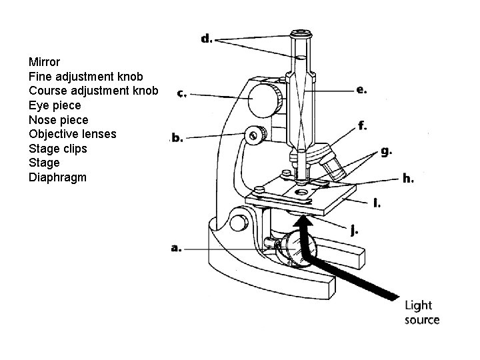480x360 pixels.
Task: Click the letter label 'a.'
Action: tap(177, 248)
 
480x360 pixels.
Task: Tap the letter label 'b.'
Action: tap(177, 138)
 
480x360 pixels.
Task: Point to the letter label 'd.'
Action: tap(207, 38)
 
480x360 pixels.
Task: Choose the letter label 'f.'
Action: tap(362, 125)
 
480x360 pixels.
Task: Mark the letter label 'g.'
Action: tap(385, 151)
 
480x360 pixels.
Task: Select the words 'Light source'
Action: tap(422, 312)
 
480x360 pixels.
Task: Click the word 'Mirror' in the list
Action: tap(44, 62)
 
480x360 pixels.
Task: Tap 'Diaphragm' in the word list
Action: tap(57, 177)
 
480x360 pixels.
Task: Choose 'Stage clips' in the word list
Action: tap(58, 148)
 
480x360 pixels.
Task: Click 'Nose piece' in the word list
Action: tap(58, 119)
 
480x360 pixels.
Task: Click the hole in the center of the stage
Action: tap(302, 193)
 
